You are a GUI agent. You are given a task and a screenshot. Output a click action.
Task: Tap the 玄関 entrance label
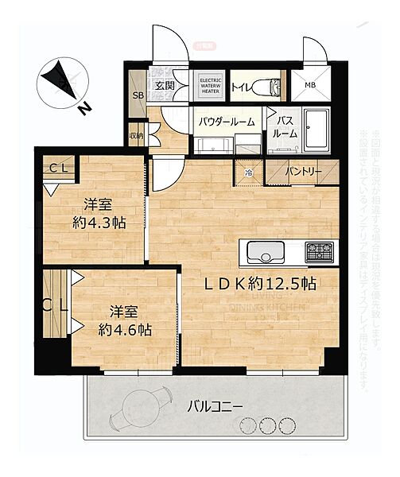165,86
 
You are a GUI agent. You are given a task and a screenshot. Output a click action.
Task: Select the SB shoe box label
138,96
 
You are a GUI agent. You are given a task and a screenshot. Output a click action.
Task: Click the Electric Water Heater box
209,86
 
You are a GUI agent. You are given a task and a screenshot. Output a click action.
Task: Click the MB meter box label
309,86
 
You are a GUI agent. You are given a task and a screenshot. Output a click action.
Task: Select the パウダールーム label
227,122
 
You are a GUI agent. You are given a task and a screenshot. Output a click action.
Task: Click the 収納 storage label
136,136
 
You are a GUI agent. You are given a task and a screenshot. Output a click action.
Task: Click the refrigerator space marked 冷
248,172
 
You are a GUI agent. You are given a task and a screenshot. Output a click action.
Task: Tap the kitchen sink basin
265,253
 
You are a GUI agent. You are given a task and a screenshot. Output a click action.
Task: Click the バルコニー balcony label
216,406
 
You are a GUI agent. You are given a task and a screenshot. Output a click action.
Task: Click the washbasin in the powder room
213,145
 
